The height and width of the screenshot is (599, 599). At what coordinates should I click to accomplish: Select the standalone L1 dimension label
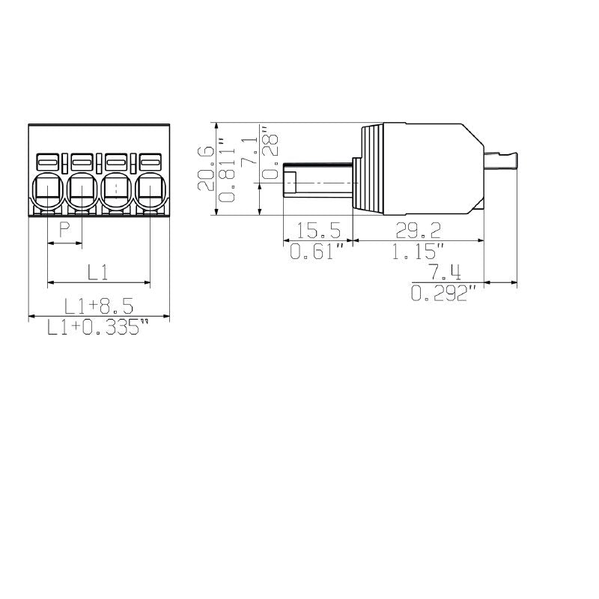click(x=98, y=271)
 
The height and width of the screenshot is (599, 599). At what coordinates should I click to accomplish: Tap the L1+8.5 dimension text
click(x=98, y=305)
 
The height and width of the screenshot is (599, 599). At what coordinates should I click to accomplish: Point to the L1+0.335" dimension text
click(x=98, y=328)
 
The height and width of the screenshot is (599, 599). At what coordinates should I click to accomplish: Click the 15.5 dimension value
click(x=318, y=230)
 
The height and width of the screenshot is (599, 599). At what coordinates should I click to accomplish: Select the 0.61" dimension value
click(x=318, y=252)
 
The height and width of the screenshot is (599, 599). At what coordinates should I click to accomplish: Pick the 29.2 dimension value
click(x=417, y=230)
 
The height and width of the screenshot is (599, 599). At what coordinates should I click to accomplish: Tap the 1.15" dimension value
click(x=417, y=252)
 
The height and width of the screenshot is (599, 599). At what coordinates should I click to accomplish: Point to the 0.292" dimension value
click(x=444, y=294)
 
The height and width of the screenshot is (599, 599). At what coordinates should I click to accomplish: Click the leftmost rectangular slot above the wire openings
click(x=47, y=161)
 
